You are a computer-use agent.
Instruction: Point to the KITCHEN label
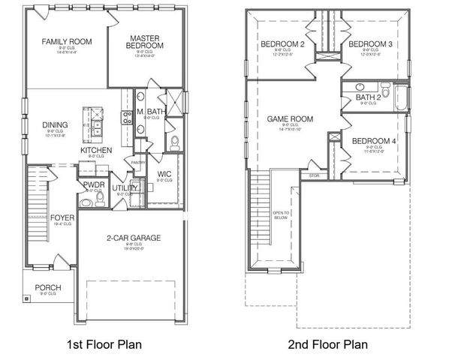click(x=96, y=151)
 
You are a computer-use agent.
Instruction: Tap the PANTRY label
click(x=137, y=162)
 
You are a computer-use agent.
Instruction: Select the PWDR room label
click(x=94, y=184)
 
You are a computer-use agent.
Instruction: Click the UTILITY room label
click(x=124, y=188)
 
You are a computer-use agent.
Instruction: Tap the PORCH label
click(x=48, y=288)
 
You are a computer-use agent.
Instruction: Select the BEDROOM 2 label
click(x=282, y=44)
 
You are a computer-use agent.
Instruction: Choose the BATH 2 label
click(x=368, y=97)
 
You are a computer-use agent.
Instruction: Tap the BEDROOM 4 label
click(x=373, y=141)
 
